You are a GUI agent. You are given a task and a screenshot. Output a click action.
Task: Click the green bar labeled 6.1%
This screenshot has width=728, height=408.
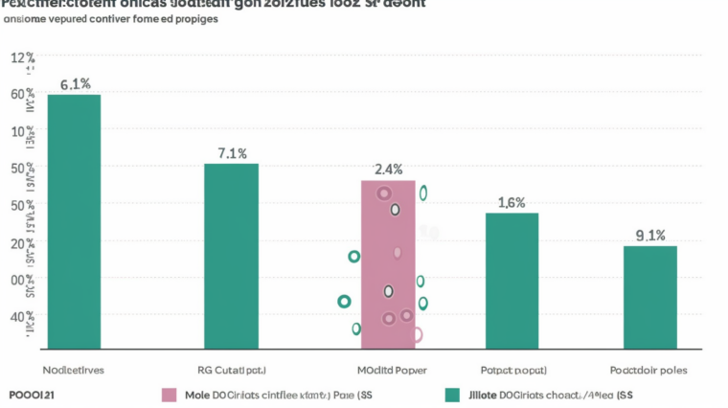74,220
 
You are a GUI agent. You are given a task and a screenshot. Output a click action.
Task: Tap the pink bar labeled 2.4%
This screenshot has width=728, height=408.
388,263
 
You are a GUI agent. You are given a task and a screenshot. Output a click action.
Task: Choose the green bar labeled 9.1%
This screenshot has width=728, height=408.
650,297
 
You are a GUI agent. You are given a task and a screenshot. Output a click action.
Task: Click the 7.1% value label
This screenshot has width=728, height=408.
232,153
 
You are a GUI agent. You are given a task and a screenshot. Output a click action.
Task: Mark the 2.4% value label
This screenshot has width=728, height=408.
388,170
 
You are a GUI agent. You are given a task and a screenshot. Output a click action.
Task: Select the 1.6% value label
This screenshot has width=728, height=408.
512,202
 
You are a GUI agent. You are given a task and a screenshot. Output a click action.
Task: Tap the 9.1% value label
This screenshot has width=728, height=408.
650,236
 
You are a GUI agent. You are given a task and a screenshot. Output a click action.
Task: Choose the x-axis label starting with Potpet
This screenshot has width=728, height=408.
513,370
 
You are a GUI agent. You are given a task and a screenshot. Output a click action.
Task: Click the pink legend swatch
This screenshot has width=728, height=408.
170,395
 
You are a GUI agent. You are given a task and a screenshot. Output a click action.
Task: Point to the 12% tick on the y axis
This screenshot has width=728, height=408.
22,58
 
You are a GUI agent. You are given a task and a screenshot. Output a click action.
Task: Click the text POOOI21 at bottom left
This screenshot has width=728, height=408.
31,395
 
